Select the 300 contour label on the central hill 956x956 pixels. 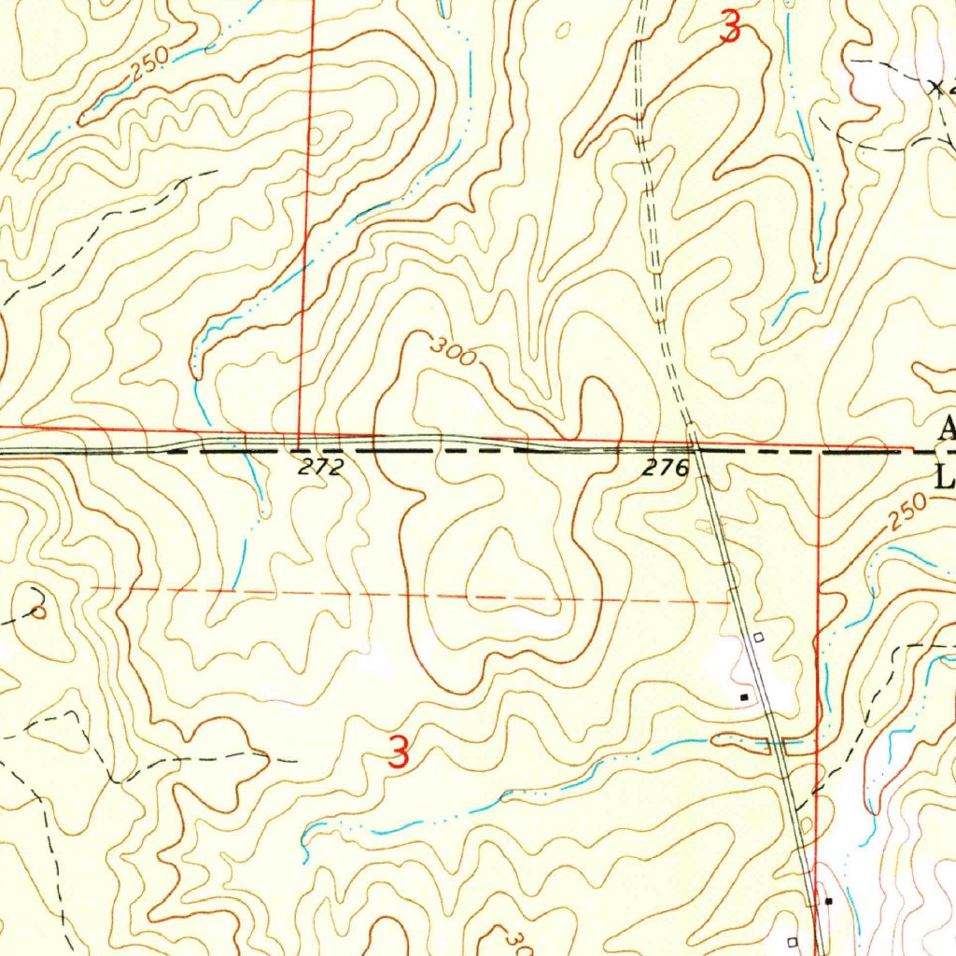(x=454, y=352)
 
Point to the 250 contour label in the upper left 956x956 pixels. (x=149, y=63)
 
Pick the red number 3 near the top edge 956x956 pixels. (x=731, y=28)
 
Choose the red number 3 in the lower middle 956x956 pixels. (x=399, y=752)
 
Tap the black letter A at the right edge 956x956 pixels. (x=947, y=429)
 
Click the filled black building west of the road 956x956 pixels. (x=744, y=696)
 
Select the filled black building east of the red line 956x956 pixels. (x=828, y=901)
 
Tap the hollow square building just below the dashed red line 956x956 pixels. (x=758, y=637)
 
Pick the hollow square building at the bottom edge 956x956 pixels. (x=793, y=941)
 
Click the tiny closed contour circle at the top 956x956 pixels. (x=562, y=31)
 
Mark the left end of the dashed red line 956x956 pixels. (x=93, y=588)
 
